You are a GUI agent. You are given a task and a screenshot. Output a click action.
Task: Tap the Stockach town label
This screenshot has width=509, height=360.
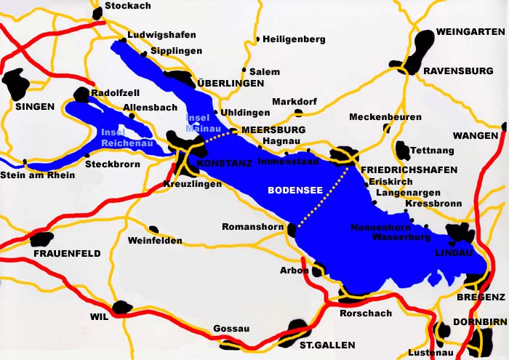click(128, 7)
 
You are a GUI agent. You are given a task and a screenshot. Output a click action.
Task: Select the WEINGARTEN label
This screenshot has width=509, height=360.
click(470, 32)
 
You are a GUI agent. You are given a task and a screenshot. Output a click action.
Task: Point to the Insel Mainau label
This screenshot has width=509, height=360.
click(199, 123)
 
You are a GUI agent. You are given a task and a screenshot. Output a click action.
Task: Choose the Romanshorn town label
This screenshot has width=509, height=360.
click(252, 227)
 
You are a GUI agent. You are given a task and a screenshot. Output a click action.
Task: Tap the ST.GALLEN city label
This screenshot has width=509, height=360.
click(327, 344)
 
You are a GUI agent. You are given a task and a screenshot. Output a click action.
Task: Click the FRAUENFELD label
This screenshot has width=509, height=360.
click(66, 253)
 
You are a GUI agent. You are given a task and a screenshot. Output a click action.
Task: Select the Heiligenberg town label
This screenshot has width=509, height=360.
click(294, 39)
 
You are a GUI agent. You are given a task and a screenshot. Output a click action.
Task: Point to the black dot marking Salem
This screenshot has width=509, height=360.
click(244, 71)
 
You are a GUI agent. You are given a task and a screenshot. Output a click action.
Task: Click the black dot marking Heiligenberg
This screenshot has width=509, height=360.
click(257, 39)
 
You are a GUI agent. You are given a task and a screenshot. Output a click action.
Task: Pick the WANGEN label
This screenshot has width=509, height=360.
click(476, 136)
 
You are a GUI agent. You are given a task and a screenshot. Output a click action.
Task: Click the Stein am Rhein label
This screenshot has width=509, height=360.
click(37, 175)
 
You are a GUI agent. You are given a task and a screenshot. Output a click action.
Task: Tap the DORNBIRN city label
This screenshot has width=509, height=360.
click(478, 321)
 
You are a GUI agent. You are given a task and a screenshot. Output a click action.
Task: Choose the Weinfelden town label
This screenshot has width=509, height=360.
click(155, 241)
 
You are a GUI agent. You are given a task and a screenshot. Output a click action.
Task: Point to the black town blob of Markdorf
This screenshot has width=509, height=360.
click(299, 113)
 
